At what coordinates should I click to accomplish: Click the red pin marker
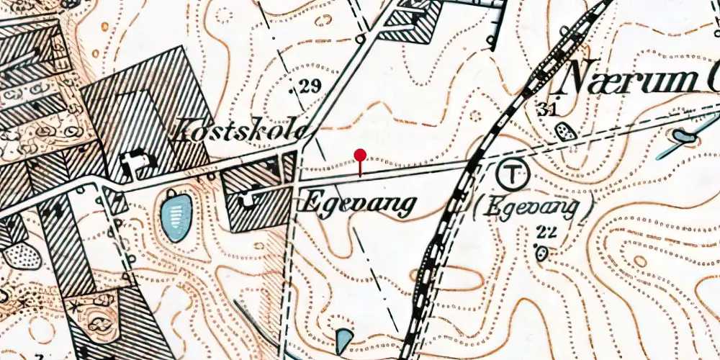[360, 155]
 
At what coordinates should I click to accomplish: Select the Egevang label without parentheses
[358, 204]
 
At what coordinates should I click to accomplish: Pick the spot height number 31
[548, 109]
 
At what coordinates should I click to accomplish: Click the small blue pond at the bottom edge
[345, 340]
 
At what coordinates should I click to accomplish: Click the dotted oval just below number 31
[566, 132]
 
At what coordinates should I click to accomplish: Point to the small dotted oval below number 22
[541, 253]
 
